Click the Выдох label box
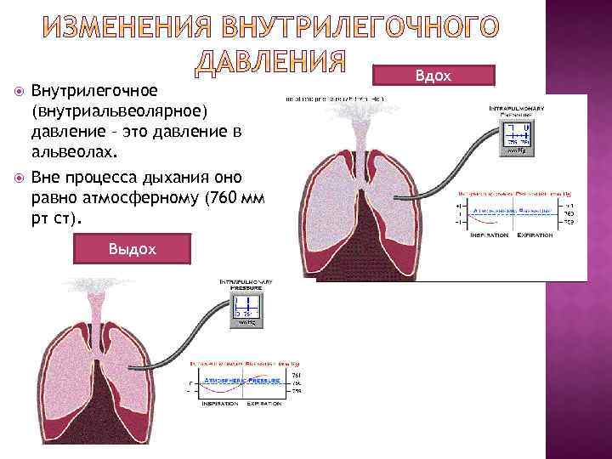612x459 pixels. point(132,248)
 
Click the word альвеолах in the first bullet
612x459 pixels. point(71,154)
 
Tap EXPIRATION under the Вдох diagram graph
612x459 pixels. point(535,235)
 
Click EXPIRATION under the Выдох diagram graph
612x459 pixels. point(264,403)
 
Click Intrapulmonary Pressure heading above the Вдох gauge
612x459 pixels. point(516,111)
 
